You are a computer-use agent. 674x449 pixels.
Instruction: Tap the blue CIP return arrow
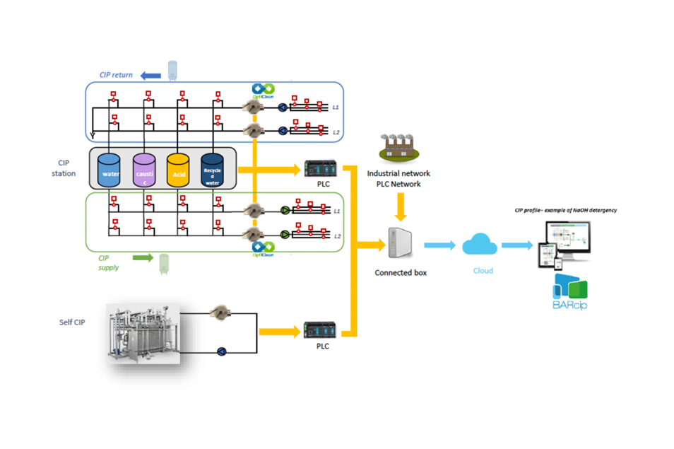tap(149, 75)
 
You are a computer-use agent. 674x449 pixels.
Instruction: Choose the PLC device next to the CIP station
tap(318, 168)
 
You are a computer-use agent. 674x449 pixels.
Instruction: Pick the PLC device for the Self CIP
tap(318, 330)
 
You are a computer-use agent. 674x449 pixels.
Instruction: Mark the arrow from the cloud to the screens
tap(517, 245)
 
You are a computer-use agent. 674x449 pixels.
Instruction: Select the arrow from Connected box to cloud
tap(438, 245)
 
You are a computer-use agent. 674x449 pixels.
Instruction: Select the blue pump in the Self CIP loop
tap(222, 351)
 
